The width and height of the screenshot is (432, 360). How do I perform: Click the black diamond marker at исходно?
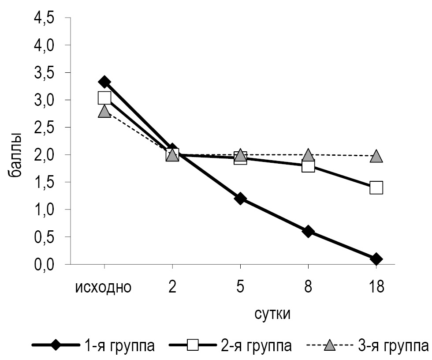(x=104, y=82)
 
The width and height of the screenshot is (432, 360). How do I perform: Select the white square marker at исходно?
(x=104, y=97)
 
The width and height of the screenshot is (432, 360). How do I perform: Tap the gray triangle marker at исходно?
(x=104, y=111)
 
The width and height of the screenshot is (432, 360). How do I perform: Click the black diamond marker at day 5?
(x=240, y=199)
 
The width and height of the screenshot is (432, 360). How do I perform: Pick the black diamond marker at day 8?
(x=308, y=231)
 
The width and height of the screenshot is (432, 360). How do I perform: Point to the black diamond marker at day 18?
(x=376, y=259)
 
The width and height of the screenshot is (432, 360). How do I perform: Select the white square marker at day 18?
(x=376, y=187)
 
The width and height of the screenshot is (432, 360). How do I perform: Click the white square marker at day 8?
(x=308, y=166)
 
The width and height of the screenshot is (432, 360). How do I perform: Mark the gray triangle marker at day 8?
(x=308, y=155)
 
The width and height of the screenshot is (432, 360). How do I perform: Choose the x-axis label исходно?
(x=104, y=287)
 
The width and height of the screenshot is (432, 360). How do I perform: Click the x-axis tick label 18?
(x=376, y=287)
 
